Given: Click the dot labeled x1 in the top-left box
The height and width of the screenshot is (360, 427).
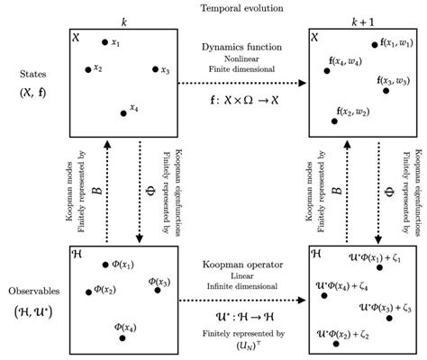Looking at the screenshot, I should [x=105, y=42].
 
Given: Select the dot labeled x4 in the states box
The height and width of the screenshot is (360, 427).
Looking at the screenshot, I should [x=123, y=112].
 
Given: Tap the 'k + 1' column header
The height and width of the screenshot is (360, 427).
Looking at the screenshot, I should [x=359, y=19].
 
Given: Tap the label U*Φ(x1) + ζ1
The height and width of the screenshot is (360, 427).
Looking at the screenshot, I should [x=384, y=258].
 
